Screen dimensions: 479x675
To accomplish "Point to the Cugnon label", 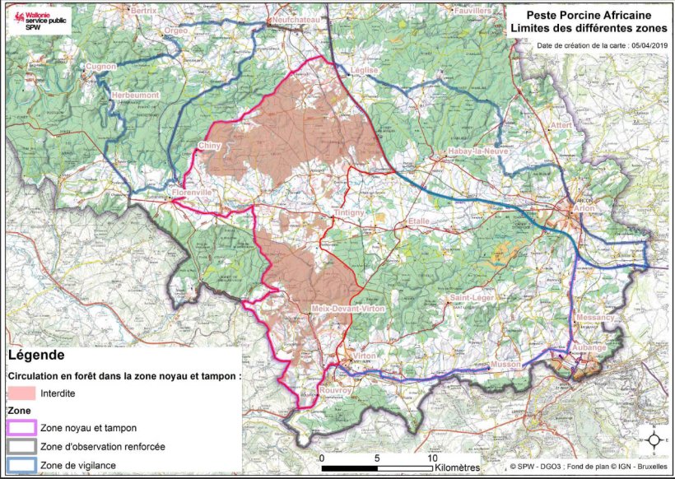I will point(101,66).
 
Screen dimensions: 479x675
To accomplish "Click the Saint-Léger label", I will point(470,297).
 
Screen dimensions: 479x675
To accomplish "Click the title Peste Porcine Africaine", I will point(585,16).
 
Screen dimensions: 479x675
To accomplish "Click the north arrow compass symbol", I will point(654,439).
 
